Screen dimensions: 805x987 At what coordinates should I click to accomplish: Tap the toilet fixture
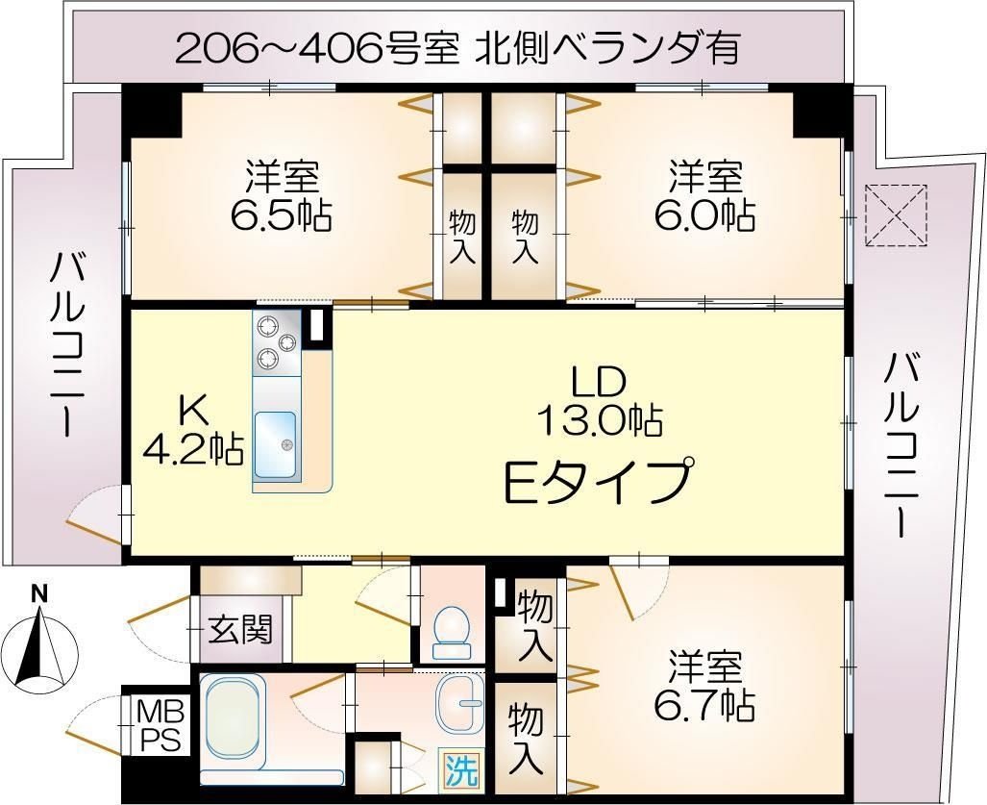(x=449, y=630)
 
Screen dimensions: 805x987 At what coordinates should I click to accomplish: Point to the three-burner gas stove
(x=275, y=343)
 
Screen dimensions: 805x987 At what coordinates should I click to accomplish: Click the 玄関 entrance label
(x=241, y=630)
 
